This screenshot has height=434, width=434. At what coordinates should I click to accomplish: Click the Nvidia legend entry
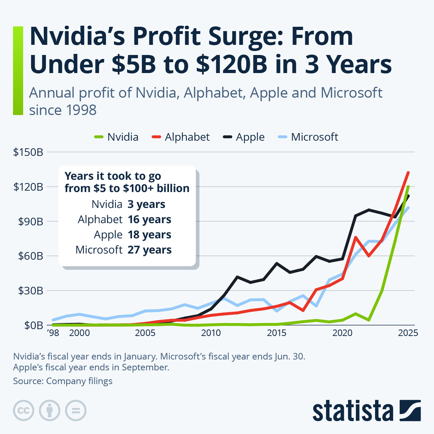[116, 137]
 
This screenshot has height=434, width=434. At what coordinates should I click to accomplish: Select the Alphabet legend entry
[181, 137]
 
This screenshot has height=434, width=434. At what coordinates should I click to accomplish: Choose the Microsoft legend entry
[308, 137]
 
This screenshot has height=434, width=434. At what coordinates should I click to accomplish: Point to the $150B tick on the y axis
[28, 152]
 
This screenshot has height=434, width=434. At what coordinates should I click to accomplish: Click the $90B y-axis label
[28, 221]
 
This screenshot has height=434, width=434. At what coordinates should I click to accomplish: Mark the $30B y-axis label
[28, 290]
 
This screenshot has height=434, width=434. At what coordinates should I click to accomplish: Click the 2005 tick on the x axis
[145, 333]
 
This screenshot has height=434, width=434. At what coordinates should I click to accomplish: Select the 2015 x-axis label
[277, 333]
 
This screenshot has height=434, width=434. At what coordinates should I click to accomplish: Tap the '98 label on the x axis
[53, 333]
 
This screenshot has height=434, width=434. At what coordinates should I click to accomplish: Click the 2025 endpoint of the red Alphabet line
[408, 173]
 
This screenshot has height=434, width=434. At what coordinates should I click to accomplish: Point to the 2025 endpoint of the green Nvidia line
[408, 187]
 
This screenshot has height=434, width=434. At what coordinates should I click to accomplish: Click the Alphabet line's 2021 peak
[356, 237]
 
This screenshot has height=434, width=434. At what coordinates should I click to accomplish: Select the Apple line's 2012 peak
[237, 277]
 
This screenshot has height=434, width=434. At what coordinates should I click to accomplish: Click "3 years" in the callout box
[146, 204]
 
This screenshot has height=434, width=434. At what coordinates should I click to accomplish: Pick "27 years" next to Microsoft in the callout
[149, 250]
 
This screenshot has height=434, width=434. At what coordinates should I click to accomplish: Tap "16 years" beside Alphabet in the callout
[149, 220]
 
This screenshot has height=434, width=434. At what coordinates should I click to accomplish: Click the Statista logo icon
[410, 410]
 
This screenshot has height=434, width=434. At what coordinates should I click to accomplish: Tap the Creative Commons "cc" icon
[24, 410]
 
